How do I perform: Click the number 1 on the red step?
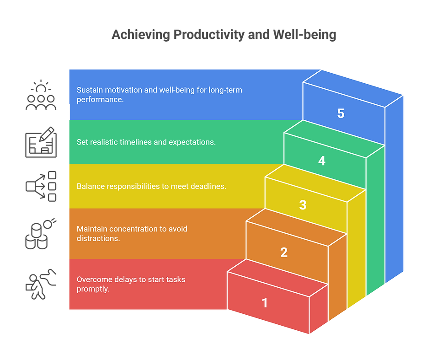tap(265, 302)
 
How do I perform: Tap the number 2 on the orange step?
tap(284, 252)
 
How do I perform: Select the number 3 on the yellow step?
tap(303, 205)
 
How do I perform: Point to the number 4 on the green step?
tap(322, 161)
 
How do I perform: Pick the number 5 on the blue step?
tap(341, 113)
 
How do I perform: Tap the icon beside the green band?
tap(41, 142)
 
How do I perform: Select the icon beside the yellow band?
tap(41, 186)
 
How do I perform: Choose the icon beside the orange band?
tap(41, 234)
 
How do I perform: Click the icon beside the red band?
tap(41, 284)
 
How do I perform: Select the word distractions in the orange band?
tap(98, 238)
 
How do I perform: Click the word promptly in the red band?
tap(93, 289)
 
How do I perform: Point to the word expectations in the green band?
tap(192, 142)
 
